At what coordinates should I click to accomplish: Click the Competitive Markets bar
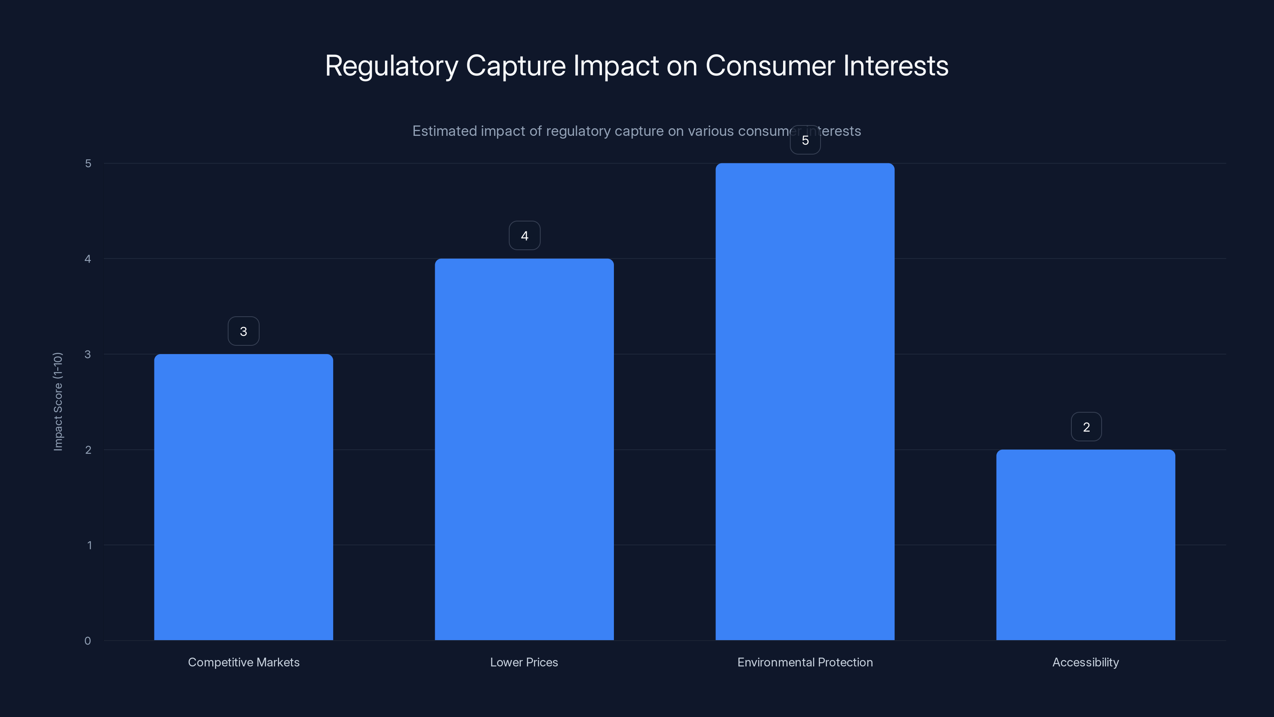click(243, 497)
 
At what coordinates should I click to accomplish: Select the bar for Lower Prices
click(524, 449)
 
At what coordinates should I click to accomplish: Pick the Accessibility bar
click(1086, 545)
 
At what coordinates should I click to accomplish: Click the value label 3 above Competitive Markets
click(243, 331)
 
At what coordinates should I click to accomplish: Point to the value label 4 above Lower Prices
click(524, 235)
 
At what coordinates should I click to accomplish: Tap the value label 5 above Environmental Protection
click(805, 141)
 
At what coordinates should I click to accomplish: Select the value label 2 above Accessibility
click(1086, 427)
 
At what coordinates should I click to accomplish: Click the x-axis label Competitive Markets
click(243, 662)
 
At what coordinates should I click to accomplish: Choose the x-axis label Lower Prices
click(524, 662)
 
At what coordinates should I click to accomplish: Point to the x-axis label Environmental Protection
click(805, 662)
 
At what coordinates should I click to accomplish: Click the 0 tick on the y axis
click(88, 641)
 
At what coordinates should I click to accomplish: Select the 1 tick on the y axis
click(89, 545)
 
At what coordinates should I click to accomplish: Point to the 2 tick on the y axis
click(88, 450)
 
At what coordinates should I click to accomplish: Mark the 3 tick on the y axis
click(88, 354)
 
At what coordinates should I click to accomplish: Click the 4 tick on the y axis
click(88, 259)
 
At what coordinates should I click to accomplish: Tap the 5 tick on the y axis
click(88, 163)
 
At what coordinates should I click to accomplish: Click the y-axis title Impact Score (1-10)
click(58, 401)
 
